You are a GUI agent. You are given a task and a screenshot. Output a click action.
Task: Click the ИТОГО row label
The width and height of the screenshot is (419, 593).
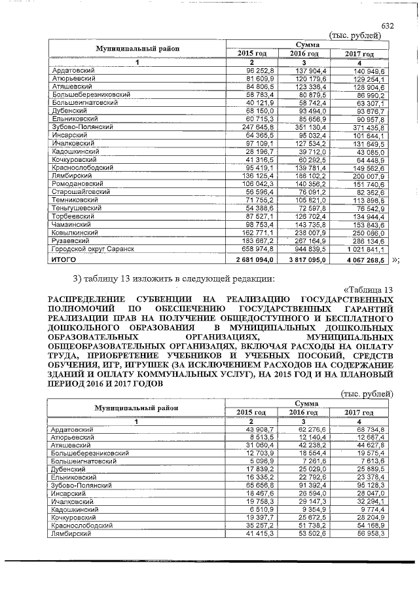click(64, 259)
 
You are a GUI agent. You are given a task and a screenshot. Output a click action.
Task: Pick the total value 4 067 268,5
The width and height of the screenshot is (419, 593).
click(365, 259)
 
